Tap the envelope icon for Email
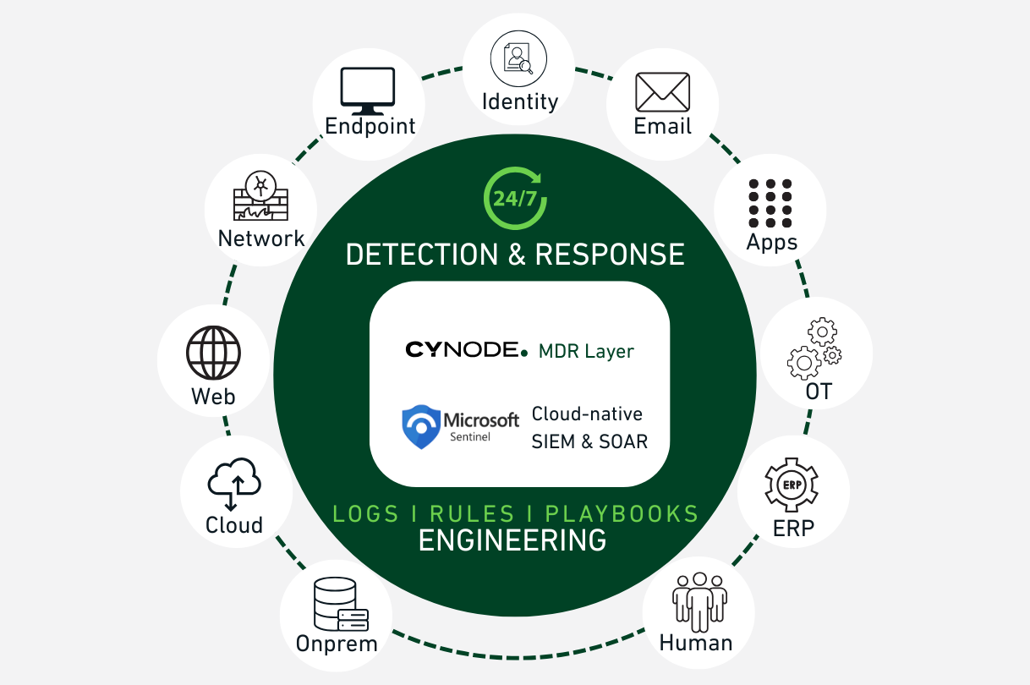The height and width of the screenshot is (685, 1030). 663,92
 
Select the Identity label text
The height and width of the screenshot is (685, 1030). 520,101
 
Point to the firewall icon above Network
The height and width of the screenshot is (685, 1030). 260,198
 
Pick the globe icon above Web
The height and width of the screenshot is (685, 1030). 213,353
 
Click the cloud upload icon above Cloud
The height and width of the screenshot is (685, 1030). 234,483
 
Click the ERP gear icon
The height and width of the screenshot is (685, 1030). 792,485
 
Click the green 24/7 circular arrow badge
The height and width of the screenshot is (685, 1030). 514,198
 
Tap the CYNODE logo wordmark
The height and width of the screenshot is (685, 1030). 467,349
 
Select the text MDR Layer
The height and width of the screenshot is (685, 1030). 586,350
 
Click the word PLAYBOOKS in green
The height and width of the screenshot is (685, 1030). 622,513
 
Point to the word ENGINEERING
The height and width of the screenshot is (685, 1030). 512,540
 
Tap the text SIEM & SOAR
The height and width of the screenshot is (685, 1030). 589,441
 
